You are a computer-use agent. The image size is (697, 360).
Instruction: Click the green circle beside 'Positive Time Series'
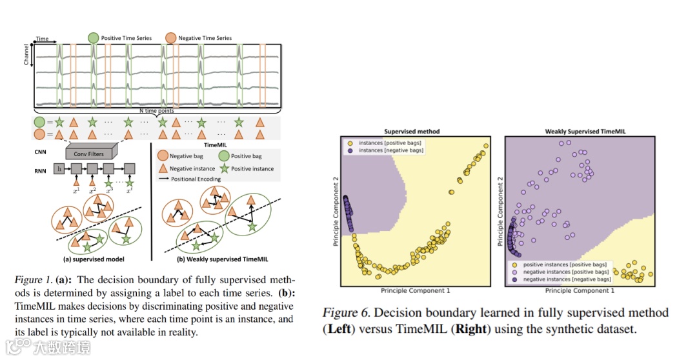[94, 38]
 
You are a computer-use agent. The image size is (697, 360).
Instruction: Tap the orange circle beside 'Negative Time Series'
[171, 38]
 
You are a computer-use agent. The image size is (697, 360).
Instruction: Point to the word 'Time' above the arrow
[41, 39]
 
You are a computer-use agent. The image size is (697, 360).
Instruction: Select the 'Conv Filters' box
[88, 154]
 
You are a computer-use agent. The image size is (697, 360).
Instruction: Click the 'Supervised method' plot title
[412, 131]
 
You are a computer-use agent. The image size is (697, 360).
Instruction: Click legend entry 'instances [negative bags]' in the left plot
[389, 149]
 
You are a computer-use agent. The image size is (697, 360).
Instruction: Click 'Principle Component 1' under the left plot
[413, 291]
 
